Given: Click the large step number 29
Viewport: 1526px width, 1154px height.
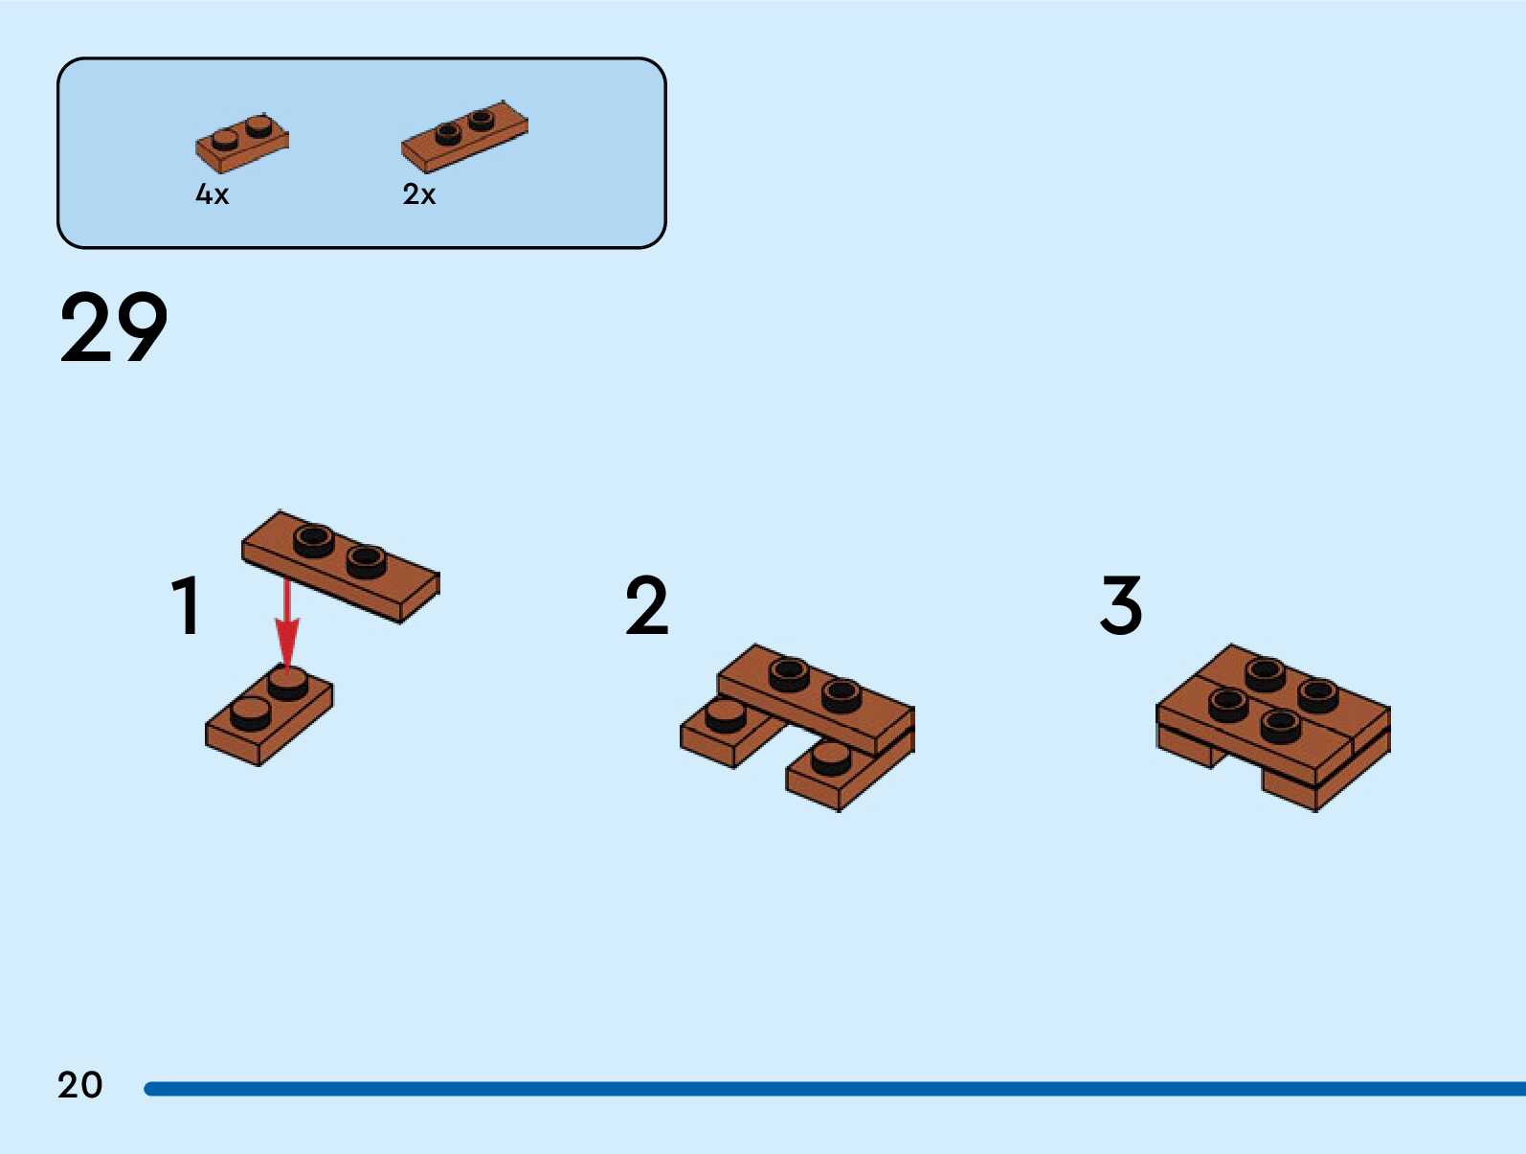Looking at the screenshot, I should coord(113,328).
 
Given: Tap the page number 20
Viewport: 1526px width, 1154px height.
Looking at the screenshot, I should coord(79,1085).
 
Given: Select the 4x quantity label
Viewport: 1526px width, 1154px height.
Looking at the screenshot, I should coord(212,194).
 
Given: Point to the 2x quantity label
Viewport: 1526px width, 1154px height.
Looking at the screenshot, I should coord(418,194).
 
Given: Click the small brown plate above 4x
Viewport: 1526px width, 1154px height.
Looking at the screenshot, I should coord(241,144).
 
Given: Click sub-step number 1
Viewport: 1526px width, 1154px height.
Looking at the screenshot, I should coord(186,605).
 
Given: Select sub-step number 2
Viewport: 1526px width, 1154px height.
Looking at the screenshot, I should coord(646,605).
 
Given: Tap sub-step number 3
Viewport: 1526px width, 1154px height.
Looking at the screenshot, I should coord(1121,605).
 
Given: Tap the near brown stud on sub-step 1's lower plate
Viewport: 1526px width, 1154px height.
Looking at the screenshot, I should coord(251,713).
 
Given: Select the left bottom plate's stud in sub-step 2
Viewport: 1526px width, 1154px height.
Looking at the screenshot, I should coord(725,714).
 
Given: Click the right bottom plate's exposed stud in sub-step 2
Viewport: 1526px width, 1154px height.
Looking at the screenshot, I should coord(830,758).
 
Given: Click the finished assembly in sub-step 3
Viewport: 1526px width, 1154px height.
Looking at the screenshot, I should coord(1273,728).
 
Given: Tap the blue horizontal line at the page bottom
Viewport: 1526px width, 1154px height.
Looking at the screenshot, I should coord(833,1089).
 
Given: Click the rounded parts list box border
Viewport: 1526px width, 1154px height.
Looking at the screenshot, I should coord(59,153).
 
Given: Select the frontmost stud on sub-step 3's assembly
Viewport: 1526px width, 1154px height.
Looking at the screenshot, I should coord(1281,725).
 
